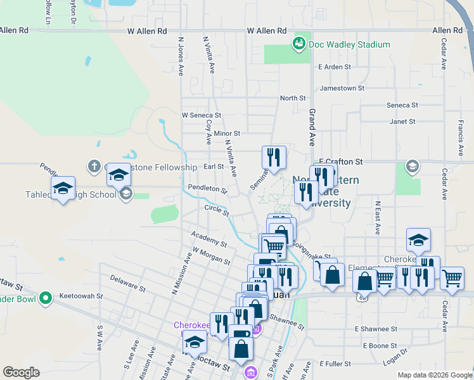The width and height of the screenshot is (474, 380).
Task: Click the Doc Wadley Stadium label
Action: pos(349,44)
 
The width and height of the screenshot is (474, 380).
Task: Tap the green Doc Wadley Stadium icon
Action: pos(298,44)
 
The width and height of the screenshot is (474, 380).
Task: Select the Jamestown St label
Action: pos(342,89)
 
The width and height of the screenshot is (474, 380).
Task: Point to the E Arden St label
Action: pos(335,66)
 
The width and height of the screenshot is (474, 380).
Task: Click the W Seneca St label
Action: pos(201,115)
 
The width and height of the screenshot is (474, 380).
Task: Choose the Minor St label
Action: pos(227,134)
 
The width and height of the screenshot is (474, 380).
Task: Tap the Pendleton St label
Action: pos(207,189)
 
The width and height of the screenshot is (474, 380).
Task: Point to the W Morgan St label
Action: pos(212,256)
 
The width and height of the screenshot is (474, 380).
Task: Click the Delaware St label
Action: pos(127,282)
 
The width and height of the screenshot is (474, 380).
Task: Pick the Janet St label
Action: pos(402,121)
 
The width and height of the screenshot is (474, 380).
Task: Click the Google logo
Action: pos(21,372)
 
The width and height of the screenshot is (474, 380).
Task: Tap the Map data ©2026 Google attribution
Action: pos(435,375)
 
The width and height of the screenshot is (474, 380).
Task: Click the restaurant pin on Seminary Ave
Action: pos(274,157)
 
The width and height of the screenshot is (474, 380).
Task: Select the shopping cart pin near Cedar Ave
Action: pos(452,277)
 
